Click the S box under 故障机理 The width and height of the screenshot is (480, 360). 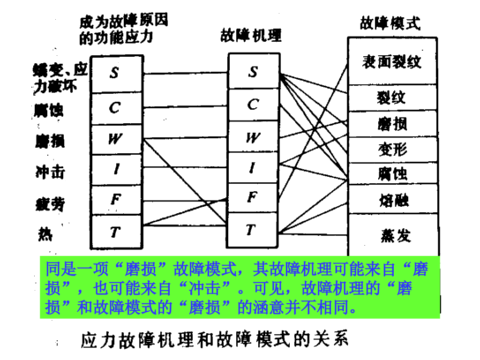click(x=253, y=72)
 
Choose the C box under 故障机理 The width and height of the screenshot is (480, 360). click(x=253, y=104)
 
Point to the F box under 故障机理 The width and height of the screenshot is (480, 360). click(x=253, y=198)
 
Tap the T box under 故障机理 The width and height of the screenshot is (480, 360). click(x=253, y=230)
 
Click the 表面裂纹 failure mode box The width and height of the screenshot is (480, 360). click(x=392, y=62)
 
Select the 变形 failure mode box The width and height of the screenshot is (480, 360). click(x=392, y=150)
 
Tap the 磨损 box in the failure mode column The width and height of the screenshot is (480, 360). click(x=392, y=124)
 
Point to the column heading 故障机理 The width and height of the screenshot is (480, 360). click(x=251, y=36)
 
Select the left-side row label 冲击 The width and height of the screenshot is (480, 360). click(x=50, y=172)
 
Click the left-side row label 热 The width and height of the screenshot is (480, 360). click(x=45, y=233)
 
